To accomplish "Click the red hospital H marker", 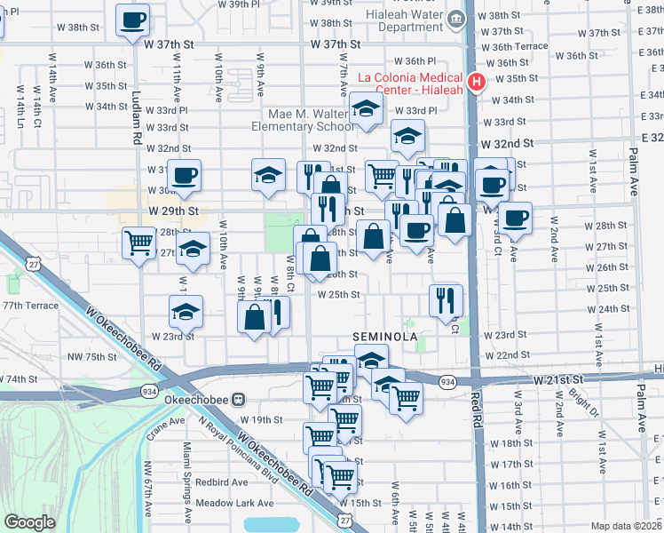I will point(477,83).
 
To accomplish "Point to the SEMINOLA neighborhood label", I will point(384,338).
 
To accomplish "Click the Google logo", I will point(30,522).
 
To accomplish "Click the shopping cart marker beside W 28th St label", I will point(139,242).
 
